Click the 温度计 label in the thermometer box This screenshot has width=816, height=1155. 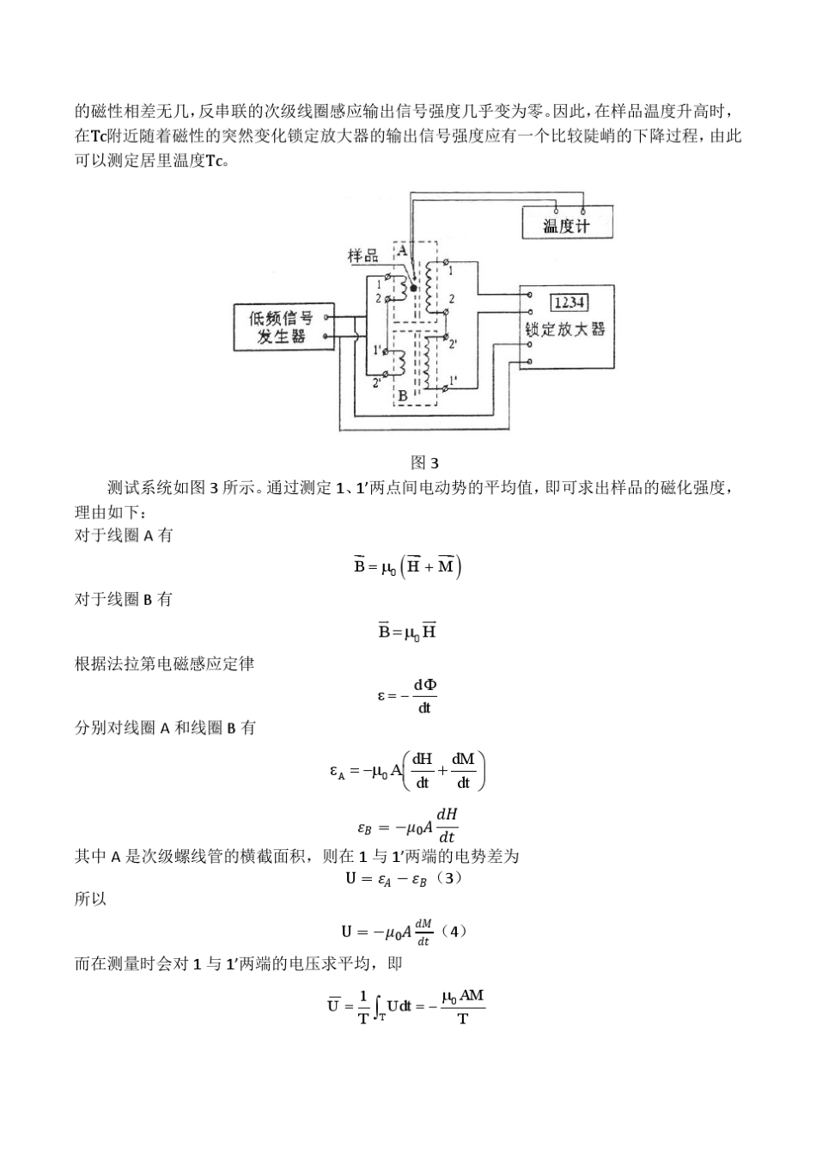[566, 226]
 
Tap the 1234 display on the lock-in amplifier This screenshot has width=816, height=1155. [569, 302]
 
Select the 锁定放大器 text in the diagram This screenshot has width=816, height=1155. [566, 329]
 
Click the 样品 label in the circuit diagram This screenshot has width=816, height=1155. [362, 255]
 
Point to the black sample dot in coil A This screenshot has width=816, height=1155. [413, 289]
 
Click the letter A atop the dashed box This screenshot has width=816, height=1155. [402, 249]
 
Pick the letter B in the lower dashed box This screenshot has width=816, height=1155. [403, 396]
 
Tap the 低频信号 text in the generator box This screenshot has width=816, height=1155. [280, 318]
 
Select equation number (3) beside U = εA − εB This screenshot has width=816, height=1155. [449, 878]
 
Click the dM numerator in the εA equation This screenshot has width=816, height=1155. [463, 759]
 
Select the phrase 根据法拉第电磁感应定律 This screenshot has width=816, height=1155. [164, 663]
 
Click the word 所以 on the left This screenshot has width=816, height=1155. [90, 900]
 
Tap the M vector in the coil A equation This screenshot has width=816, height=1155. [446, 566]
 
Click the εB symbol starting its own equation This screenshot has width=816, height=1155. [364, 828]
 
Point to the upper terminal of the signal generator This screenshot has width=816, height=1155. [326, 317]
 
